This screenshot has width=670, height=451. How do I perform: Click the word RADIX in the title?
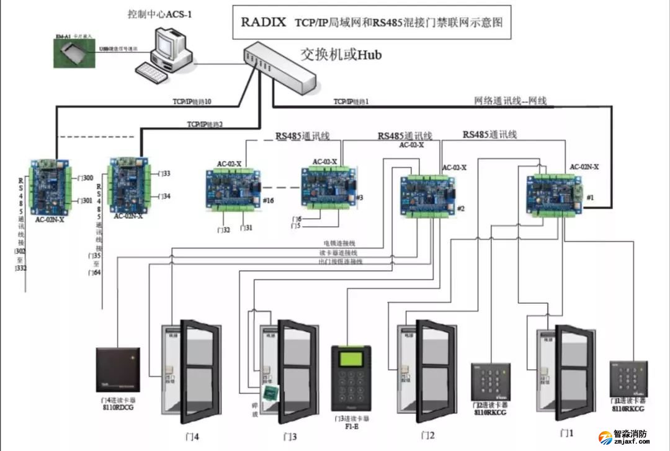tap(263, 23)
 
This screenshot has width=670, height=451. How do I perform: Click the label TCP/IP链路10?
tap(192, 101)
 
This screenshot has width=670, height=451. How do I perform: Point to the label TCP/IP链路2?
tap(205, 124)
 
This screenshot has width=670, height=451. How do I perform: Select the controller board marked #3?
tap(328, 186)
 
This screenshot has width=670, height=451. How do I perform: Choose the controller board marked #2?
tap(428, 195)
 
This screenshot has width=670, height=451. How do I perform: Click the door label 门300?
tap(86, 178)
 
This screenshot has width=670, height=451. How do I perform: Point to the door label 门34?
tap(164, 196)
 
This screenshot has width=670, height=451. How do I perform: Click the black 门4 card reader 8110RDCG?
tap(118, 373)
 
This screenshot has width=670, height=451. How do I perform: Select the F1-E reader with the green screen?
tap(351, 378)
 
